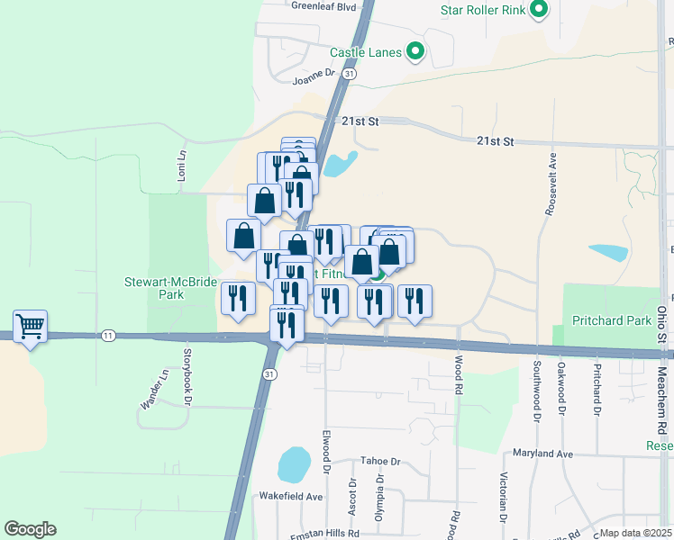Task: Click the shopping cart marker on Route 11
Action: click(30, 327)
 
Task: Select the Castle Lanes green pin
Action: click(415, 51)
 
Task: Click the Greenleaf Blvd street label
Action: click(324, 5)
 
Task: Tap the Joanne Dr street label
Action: click(314, 79)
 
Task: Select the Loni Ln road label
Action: click(181, 164)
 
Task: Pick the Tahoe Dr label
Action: click(379, 461)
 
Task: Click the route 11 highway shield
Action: click(108, 335)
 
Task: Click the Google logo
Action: click(30, 529)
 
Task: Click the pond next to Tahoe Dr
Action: click(292, 465)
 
